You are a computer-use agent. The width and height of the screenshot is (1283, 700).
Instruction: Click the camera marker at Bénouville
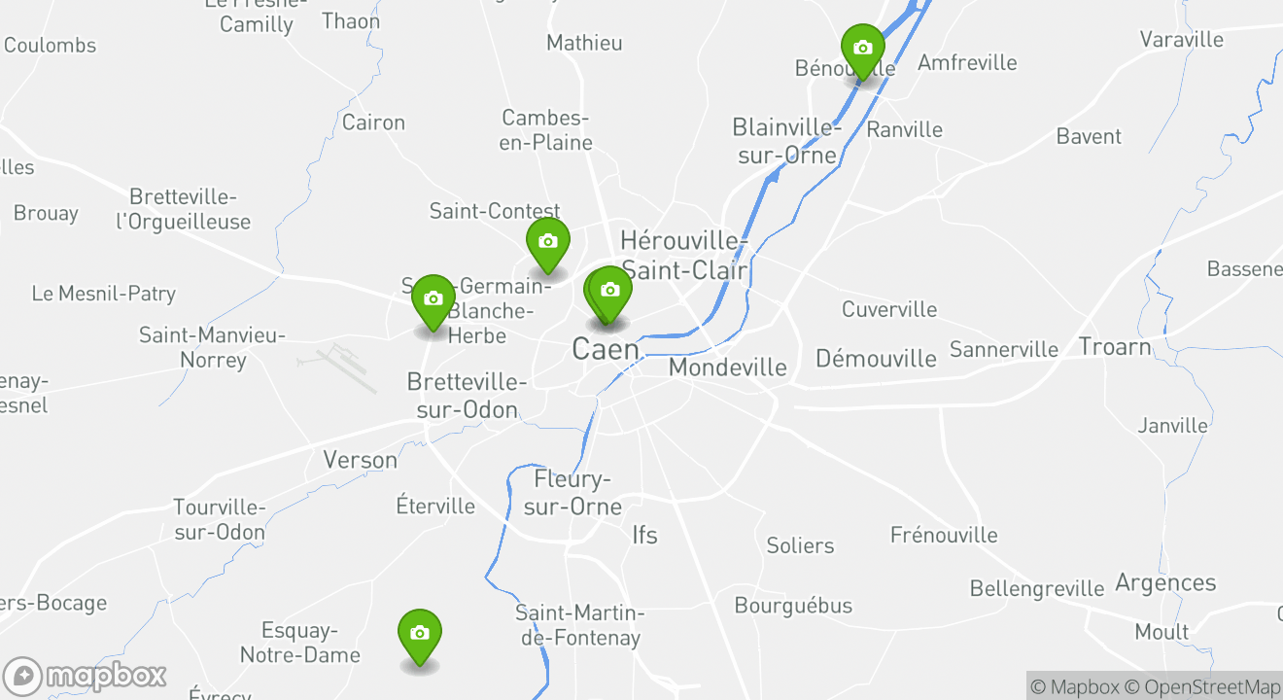pyautogui.click(x=862, y=49)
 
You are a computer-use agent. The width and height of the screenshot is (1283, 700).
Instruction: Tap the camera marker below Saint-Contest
pyautogui.click(x=548, y=242)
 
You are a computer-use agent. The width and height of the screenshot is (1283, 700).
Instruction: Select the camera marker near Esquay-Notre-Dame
pyautogui.click(x=420, y=634)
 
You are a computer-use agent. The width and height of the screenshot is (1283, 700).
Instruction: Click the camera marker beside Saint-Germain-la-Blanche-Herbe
pyautogui.click(x=433, y=299)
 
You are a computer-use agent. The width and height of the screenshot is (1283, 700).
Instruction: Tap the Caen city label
pyautogui.click(x=606, y=349)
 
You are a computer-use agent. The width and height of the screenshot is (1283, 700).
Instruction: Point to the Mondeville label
pyautogui.click(x=728, y=367)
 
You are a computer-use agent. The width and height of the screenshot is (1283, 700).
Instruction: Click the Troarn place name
pyautogui.click(x=1115, y=346)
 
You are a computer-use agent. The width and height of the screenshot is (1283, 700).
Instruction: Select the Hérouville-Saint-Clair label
pyautogui.click(x=684, y=255)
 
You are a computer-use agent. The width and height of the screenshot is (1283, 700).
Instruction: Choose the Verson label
pyautogui.click(x=361, y=460)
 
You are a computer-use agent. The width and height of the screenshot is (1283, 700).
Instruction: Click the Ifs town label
pyautogui.click(x=644, y=534)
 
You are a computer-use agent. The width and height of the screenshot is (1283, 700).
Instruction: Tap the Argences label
pyautogui.click(x=1165, y=582)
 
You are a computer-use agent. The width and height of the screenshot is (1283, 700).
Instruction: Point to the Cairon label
pyautogui.click(x=373, y=122)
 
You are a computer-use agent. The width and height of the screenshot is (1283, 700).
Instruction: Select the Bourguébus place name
pyautogui.click(x=793, y=606)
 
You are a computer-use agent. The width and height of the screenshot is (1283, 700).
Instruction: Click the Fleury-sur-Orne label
pyautogui.click(x=578, y=493)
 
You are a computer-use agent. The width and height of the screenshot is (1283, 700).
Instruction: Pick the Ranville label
pyautogui.click(x=904, y=129)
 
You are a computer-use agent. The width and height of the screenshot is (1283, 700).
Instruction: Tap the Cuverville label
pyautogui.click(x=889, y=309)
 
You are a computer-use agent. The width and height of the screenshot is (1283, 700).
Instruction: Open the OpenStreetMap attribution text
pyautogui.click(x=1203, y=686)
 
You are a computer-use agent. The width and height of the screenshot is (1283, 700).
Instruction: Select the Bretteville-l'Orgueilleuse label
pyautogui.click(x=184, y=209)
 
